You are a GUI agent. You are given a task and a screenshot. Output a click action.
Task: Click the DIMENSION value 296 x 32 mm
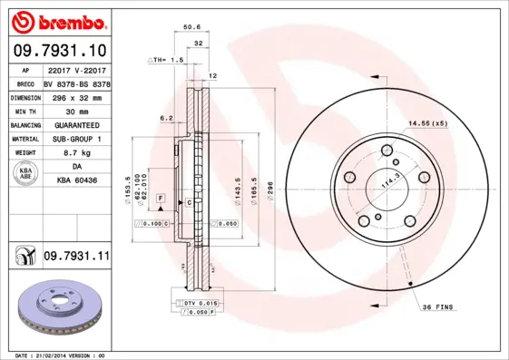point(76,95)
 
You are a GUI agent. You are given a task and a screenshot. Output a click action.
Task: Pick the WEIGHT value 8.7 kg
point(76,153)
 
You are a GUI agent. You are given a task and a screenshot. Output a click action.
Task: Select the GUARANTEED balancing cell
point(76,124)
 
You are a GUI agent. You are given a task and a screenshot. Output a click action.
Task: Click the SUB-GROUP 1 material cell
point(76,139)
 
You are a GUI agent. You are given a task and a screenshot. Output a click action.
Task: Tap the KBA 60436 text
point(76,181)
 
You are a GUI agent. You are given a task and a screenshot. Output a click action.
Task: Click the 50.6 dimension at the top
point(192,28)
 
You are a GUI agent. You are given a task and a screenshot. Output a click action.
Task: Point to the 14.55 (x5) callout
point(427,122)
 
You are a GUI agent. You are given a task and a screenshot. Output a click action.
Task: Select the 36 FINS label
point(438,308)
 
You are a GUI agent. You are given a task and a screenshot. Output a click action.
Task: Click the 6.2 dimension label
point(167,118)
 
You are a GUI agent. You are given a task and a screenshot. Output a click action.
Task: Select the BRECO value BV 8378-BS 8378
point(76,82)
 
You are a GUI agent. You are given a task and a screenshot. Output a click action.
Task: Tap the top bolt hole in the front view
point(391,155)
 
